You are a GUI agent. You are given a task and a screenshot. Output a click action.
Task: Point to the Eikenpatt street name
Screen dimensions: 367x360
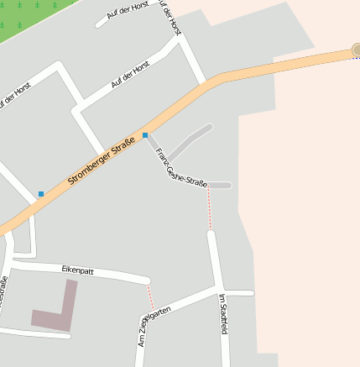coord(78,270)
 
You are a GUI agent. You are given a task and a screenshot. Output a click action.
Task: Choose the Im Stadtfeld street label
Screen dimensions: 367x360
coord(223,314)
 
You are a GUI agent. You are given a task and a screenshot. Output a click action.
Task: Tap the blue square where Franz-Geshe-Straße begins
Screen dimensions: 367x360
coord(145,134)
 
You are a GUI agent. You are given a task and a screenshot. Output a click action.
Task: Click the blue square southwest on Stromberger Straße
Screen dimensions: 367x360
coord(40,194)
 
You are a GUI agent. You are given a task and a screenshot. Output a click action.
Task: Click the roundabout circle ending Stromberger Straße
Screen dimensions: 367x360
coord(356,50)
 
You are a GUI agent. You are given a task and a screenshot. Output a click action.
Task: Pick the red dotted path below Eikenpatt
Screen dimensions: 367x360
coord(151,296)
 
